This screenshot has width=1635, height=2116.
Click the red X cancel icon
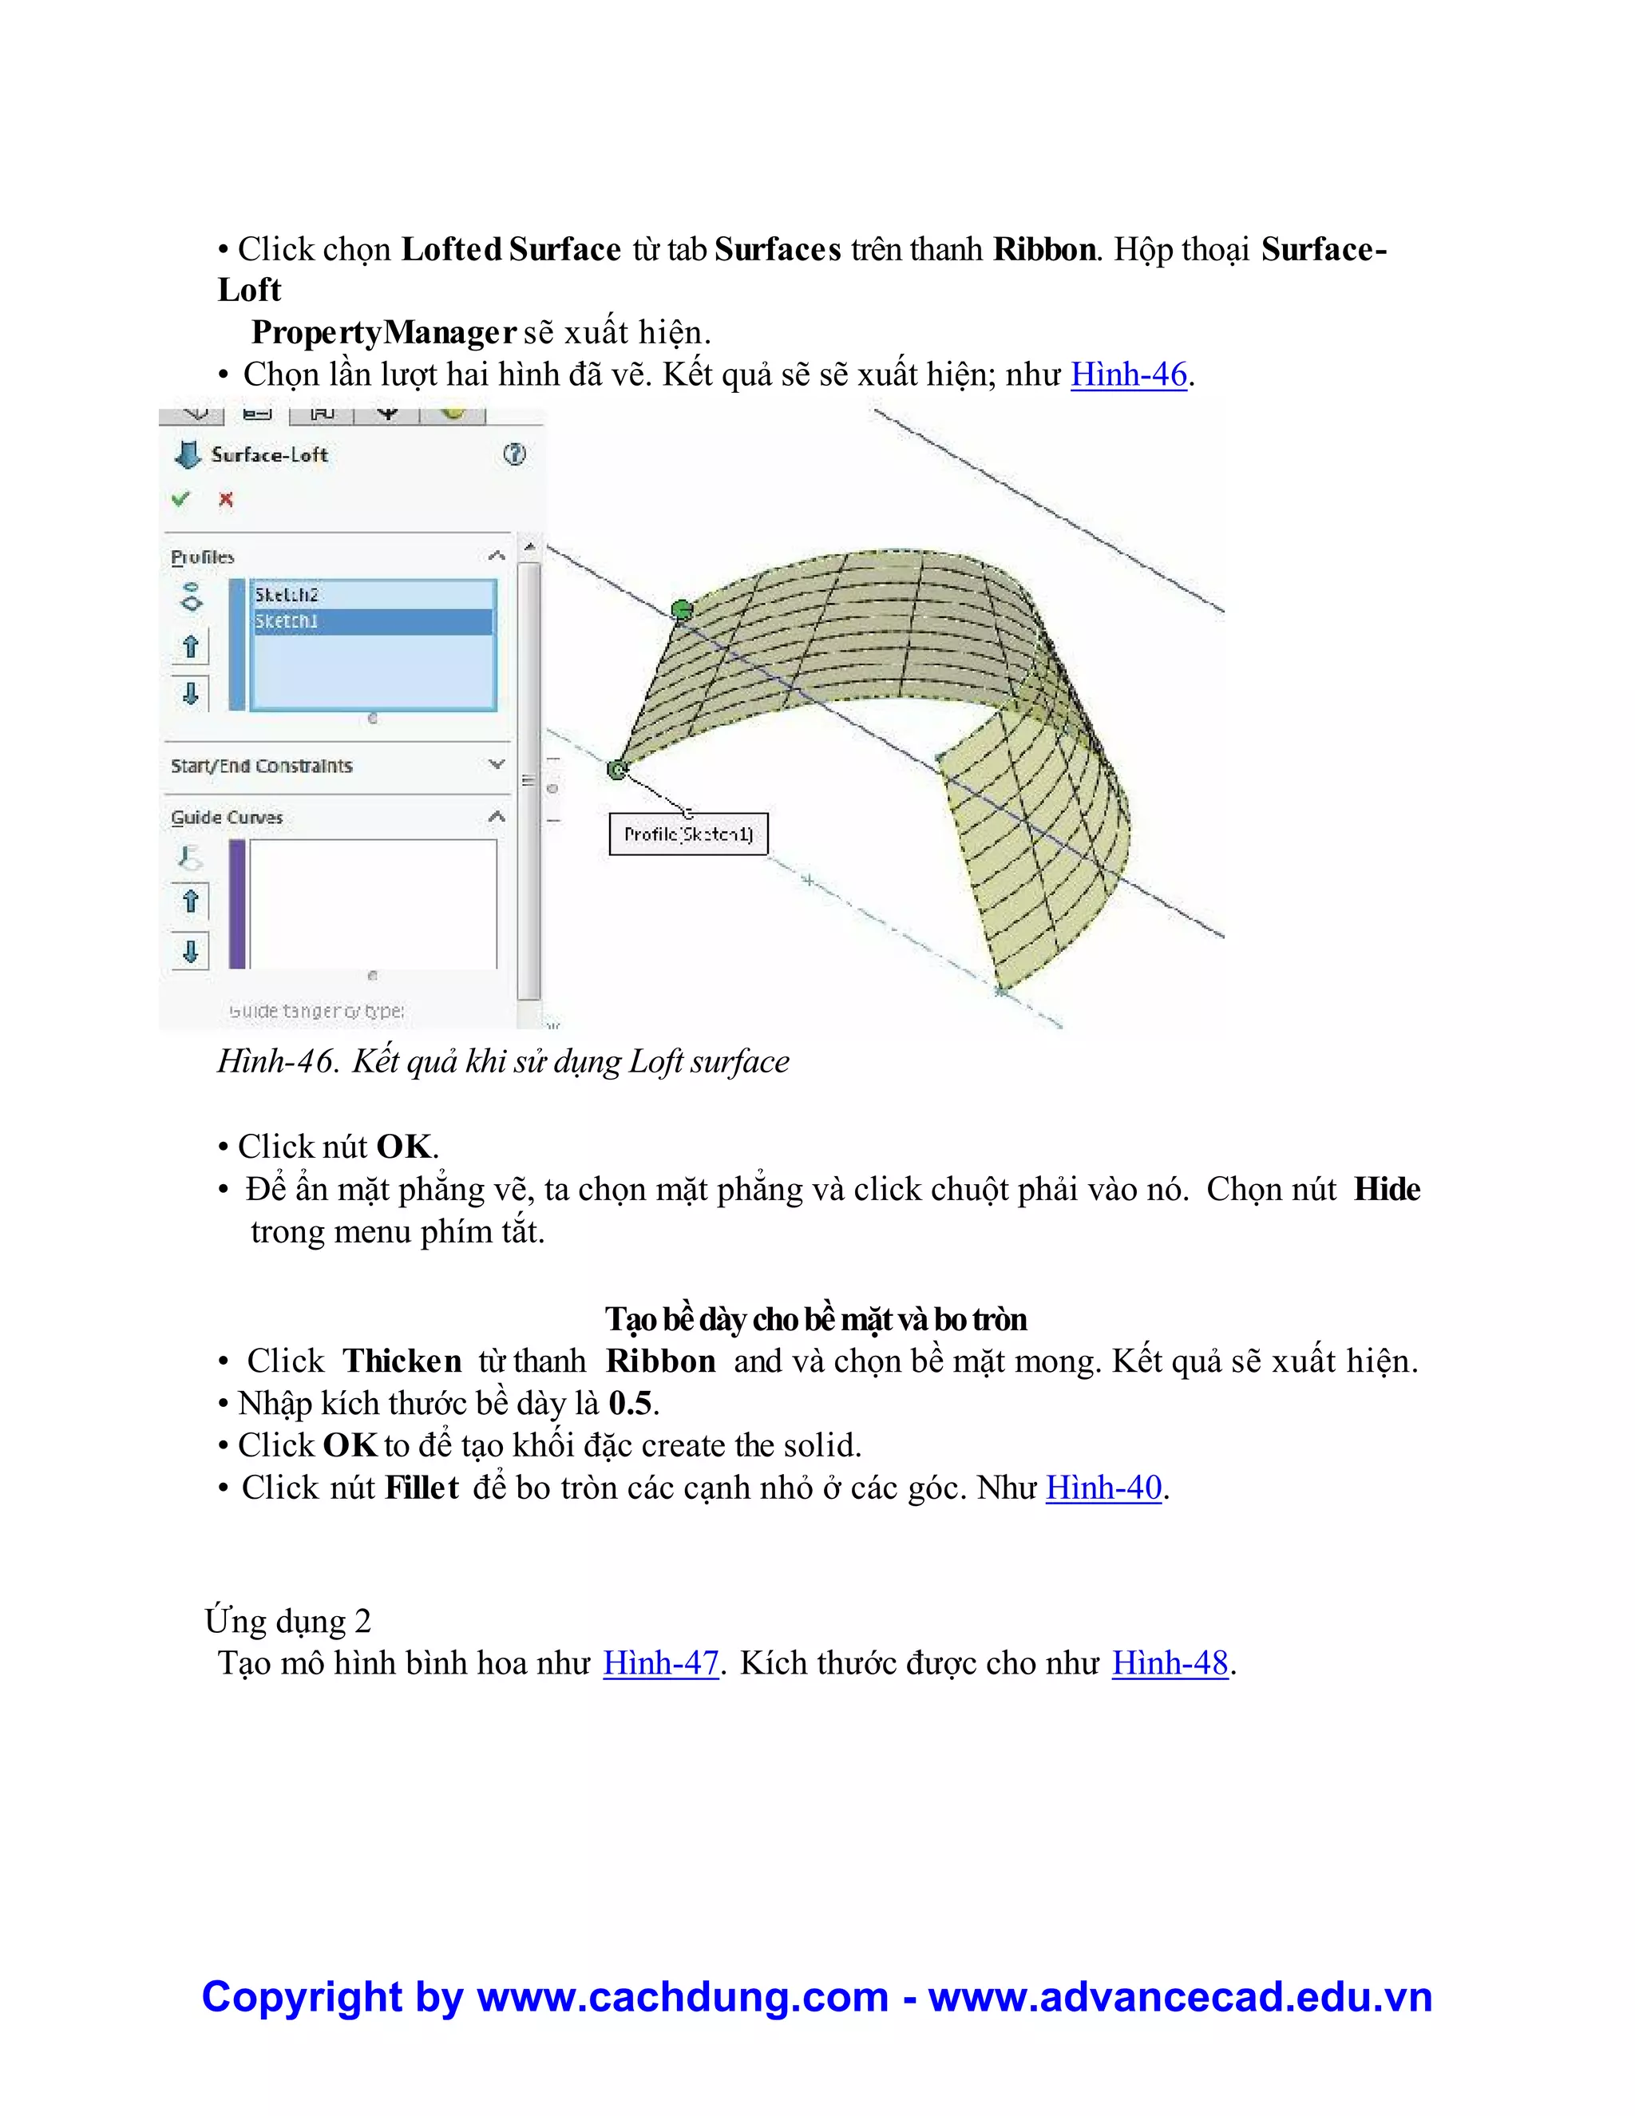226,499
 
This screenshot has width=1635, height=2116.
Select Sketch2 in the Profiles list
287,595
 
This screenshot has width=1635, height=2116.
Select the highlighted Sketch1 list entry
287,621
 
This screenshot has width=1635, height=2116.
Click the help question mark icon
514,454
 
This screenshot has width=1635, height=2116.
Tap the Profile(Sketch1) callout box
687,834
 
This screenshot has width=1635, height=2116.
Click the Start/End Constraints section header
262,766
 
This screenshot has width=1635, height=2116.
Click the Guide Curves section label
227,818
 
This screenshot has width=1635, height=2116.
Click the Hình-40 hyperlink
1103,1488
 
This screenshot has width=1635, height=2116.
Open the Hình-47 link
660,1662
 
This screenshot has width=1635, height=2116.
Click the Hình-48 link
1169,1662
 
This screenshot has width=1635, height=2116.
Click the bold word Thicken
402,1361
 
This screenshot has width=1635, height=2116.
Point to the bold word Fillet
422,1488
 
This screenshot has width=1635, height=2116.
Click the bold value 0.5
631,1403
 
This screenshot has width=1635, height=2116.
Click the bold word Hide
1386,1189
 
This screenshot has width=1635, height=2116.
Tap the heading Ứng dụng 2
287,1620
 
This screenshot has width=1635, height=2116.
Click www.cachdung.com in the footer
683,1997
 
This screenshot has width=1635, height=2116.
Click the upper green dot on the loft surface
682,609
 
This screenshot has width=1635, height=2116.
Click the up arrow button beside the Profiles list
191,646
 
